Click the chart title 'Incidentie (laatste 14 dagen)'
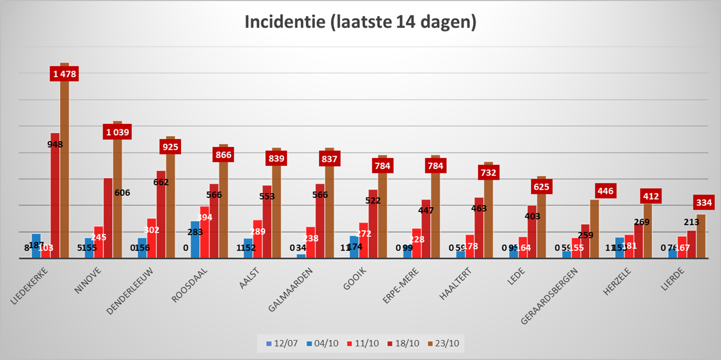360,23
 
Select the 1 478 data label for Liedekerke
64,74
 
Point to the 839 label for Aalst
276,158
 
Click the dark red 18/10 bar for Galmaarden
320,221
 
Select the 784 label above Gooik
383,166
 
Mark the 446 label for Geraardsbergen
605,192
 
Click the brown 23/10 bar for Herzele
648,230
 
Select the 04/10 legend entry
324,343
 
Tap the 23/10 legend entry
446,343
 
